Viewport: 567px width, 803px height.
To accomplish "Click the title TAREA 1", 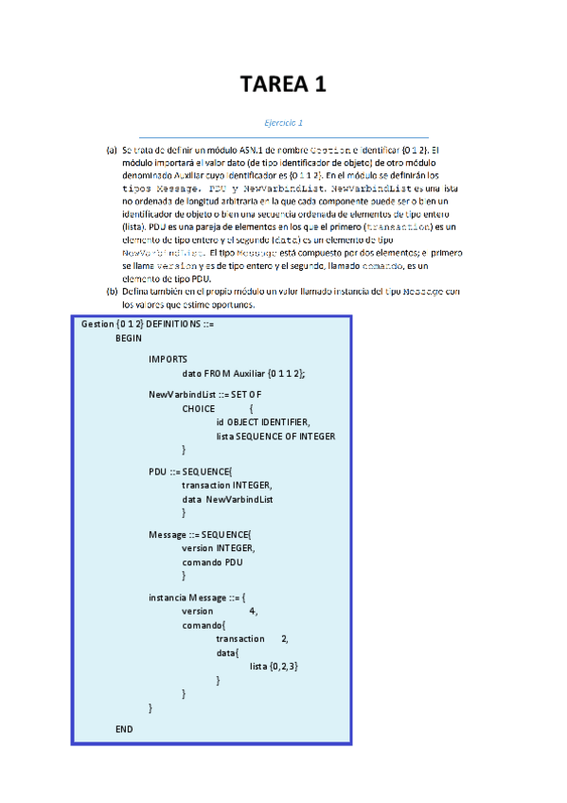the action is point(283,84).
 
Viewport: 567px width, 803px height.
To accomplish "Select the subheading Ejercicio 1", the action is point(283,123).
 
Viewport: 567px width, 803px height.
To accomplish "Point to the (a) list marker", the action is point(112,150).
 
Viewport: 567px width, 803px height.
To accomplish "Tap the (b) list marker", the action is point(112,291).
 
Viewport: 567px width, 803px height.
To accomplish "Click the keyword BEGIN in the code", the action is point(129,337).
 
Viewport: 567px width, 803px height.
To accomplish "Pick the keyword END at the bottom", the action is point(124,729).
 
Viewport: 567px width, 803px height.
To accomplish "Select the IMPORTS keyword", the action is point(168,359).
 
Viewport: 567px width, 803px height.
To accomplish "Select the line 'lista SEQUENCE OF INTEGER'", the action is point(275,436).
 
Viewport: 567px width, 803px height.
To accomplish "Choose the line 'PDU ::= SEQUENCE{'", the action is point(189,471).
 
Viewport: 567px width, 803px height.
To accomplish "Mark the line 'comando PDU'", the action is point(212,562).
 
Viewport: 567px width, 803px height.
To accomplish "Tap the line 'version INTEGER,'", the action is point(219,547).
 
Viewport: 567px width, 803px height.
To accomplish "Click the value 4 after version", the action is point(252,612).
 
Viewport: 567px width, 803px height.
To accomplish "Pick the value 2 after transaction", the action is point(284,639).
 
